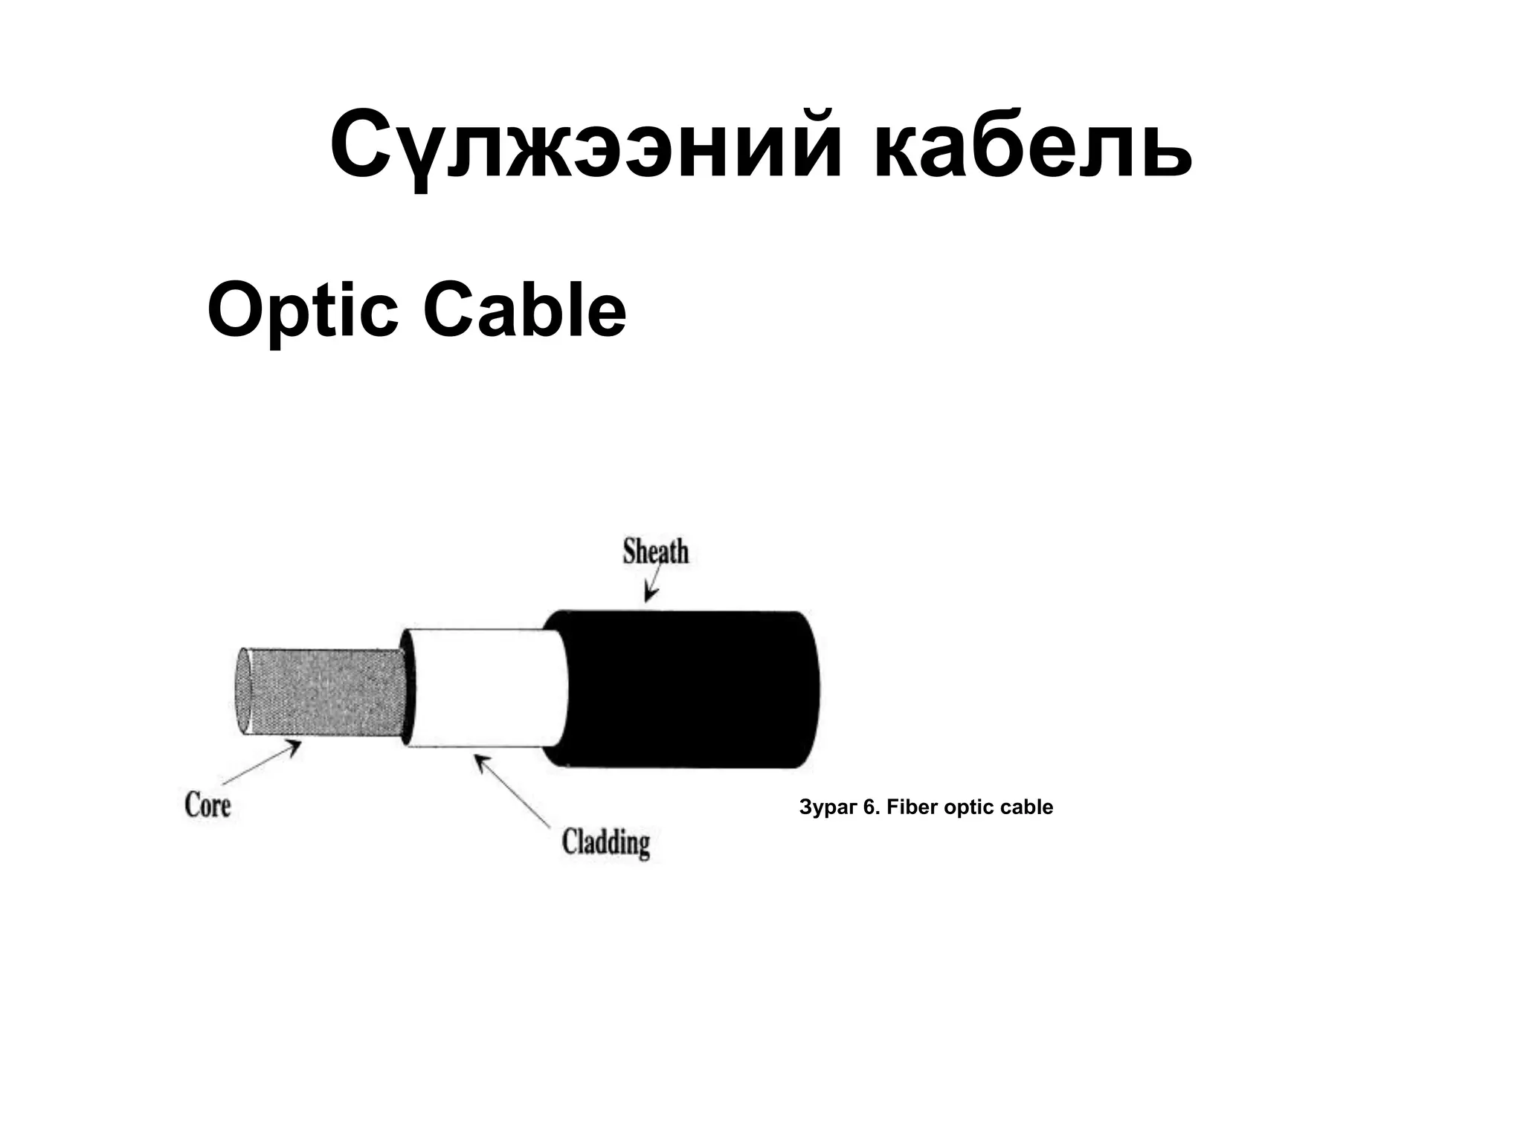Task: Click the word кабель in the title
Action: [1033, 146]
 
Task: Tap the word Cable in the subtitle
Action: [524, 310]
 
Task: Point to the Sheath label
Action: [655, 552]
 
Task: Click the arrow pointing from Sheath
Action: [652, 585]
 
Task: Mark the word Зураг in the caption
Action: [827, 807]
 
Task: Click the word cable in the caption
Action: [1027, 807]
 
